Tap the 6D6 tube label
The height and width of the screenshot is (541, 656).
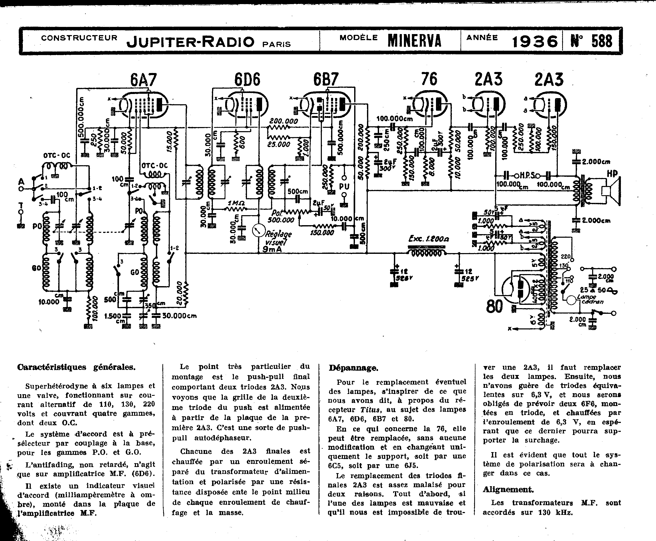tap(247, 80)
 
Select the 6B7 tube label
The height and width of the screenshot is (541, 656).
tap(326, 80)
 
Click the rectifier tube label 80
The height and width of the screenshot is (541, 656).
tap(494, 307)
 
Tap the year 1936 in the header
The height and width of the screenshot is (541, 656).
tap(535, 41)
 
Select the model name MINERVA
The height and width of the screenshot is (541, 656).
tap(415, 41)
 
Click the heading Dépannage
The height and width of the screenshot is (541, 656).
tap(353, 368)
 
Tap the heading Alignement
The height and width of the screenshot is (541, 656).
tap(508, 490)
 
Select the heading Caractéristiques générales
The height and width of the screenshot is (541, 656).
tap(76, 367)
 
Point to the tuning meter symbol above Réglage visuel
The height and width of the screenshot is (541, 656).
tap(258, 231)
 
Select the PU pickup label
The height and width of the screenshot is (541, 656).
tap(344, 186)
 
